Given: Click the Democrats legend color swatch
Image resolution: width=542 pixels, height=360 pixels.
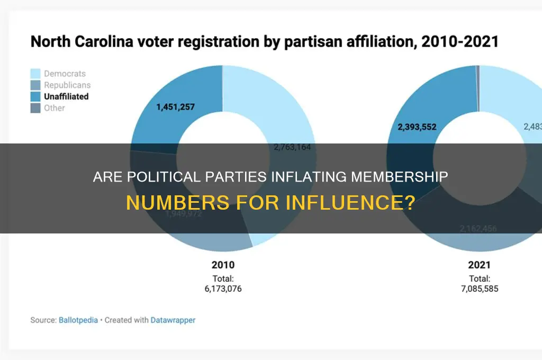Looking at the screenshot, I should (35, 74).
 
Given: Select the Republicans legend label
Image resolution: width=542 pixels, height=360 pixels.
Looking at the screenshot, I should (67, 85).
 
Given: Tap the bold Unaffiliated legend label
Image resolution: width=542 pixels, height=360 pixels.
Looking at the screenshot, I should (66, 96).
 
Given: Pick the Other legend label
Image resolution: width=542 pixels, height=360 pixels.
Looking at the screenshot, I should (55, 108).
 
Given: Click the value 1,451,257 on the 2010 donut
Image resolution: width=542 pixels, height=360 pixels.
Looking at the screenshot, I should (175, 107).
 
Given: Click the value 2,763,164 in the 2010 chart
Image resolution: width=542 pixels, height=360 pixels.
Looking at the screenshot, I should (292, 147).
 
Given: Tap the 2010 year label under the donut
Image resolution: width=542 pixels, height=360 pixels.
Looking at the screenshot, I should (223, 265).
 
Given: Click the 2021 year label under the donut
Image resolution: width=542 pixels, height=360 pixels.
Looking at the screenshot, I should (479, 265).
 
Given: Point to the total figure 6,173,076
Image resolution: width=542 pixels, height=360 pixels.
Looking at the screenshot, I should (223, 289).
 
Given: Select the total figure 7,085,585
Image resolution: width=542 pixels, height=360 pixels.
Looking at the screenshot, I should (479, 289).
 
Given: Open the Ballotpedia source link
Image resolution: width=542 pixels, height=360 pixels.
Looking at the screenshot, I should (78, 320).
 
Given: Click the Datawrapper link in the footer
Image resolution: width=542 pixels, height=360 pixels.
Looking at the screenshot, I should (173, 320).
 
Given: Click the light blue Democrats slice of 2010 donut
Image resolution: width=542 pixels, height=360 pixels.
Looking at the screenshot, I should (275, 106).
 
